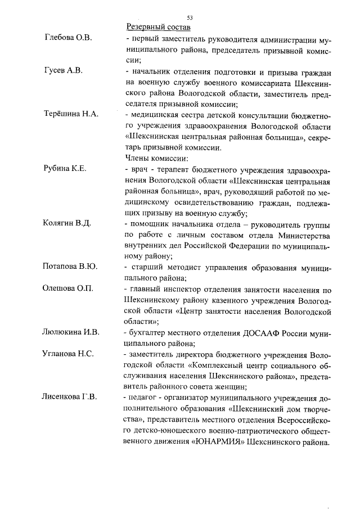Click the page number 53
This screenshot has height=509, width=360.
190,18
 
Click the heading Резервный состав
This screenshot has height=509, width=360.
159,27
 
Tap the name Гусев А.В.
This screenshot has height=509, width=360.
63,70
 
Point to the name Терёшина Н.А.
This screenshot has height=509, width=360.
71,114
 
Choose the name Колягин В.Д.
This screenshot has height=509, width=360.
67,223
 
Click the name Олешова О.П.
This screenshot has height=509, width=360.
68,288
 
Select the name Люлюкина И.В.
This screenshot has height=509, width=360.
71,332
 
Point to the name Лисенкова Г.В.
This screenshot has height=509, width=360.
69,397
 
